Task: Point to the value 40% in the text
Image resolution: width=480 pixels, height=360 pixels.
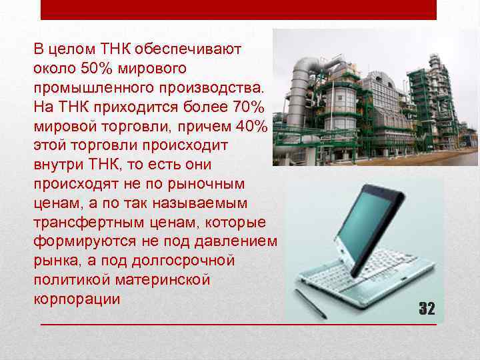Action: click(x=250, y=125)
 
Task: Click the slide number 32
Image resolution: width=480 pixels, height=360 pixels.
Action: click(x=426, y=308)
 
